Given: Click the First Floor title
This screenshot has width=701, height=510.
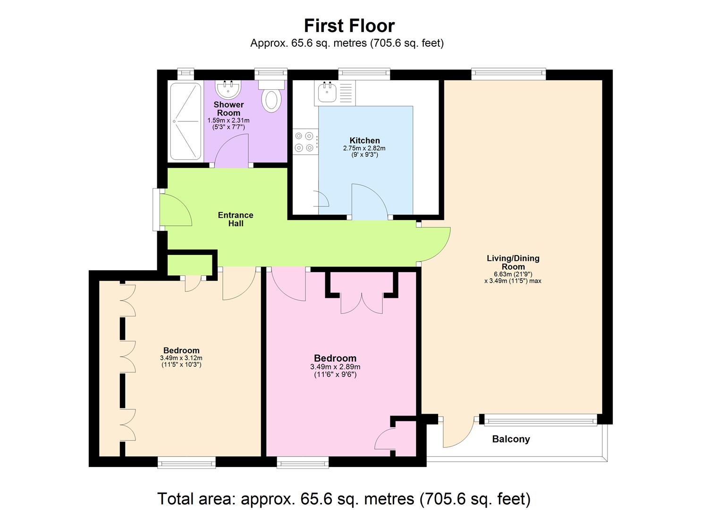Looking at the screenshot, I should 349,25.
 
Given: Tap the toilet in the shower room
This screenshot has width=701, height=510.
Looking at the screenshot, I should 271,98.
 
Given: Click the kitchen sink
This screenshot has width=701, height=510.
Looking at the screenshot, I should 327,92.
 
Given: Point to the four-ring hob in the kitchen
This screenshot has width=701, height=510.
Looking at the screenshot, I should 304,142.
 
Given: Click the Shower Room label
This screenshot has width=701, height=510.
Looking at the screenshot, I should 228,109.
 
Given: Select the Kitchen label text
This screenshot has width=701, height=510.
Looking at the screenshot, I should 364,140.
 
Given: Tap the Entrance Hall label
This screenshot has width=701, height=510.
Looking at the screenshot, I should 236,219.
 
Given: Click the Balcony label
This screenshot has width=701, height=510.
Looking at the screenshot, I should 511,439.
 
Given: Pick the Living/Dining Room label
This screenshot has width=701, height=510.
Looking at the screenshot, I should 513,262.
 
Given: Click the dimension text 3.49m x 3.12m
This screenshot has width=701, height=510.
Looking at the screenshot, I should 181,358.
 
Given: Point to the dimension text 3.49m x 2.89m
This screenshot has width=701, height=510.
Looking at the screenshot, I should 335,367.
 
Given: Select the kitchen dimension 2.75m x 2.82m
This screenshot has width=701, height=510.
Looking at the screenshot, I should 364,148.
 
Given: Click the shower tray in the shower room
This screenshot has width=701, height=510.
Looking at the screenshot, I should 185,121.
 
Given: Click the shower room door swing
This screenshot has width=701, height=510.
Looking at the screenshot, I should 231,150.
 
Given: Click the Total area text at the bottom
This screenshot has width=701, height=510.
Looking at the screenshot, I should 344,499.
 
